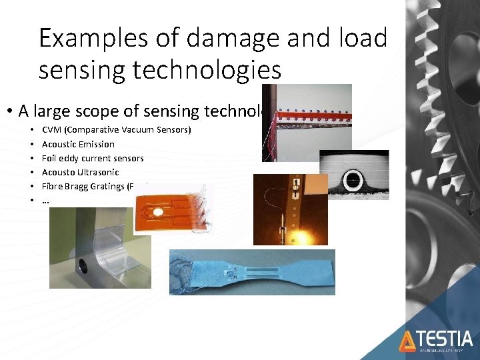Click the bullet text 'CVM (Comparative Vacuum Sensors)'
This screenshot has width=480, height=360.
pyautogui.click(x=116, y=129)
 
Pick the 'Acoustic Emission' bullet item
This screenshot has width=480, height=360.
pyautogui.click(x=78, y=144)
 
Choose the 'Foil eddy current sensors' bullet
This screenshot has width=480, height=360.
pyautogui.click(x=93, y=158)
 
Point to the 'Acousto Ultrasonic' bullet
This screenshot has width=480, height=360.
pyautogui.click(x=79, y=172)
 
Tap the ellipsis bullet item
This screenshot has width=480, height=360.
pyautogui.click(x=45, y=200)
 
